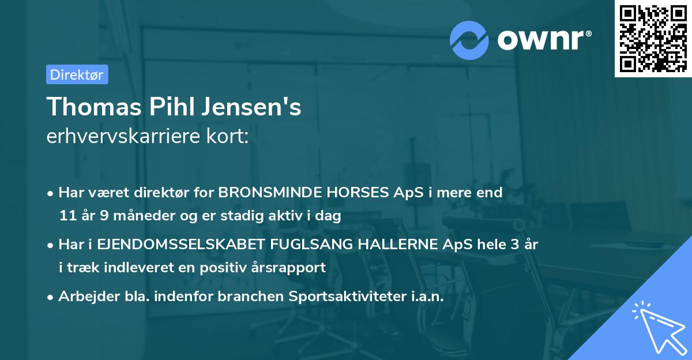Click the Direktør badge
pos(77,74)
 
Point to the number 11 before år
pos(67,216)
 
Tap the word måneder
pos(134,216)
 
